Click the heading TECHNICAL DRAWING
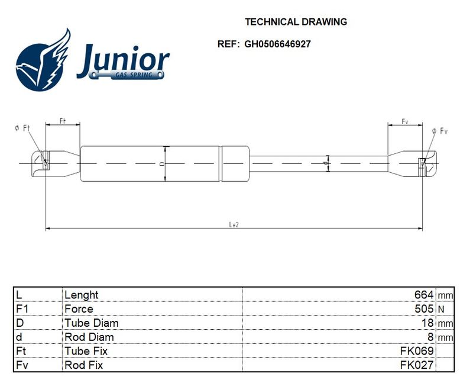tap(296, 22)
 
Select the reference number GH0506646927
tap(277, 44)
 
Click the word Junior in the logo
tap(123, 60)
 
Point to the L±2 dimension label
tap(234, 224)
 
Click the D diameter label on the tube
tap(162, 164)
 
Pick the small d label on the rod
tap(325, 163)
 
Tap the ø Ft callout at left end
tap(22, 128)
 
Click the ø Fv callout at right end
tap(440, 131)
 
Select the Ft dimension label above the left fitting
tap(63, 121)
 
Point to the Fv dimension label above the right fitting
tap(405, 121)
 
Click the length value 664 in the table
tap(424, 294)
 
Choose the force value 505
tap(424, 308)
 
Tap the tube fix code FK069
tap(417, 351)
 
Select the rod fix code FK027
tap(417, 365)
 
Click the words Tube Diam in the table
tap(92, 323)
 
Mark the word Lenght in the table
tap(82, 295)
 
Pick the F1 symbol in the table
tap(22, 308)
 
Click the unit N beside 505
tap(441, 309)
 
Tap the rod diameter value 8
tap(430, 337)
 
